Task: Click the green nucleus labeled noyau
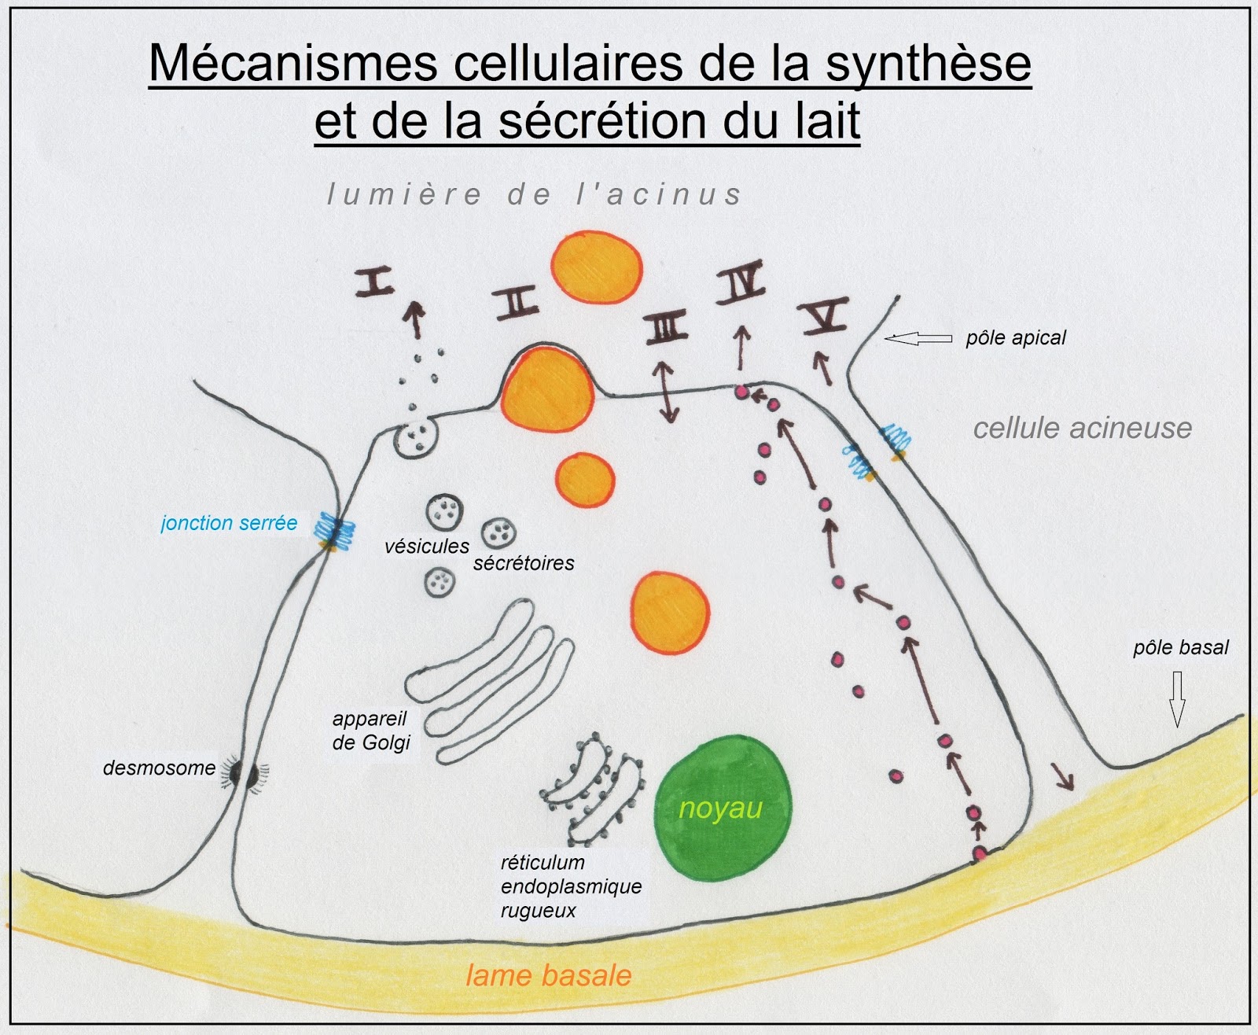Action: pyautogui.click(x=723, y=808)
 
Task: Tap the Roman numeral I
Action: pyautogui.click(x=375, y=281)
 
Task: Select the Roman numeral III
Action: pyautogui.click(x=667, y=328)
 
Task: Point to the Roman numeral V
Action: pyautogui.click(x=824, y=317)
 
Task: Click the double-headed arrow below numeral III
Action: pyautogui.click(x=668, y=391)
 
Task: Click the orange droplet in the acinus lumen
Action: pyautogui.click(x=596, y=267)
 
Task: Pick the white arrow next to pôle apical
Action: pyautogui.click(x=918, y=338)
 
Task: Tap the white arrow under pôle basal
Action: pyautogui.click(x=1177, y=698)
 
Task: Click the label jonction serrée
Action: pyautogui.click(x=229, y=523)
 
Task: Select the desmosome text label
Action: pyautogui.click(x=159, y=768)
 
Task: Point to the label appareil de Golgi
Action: pyautogui.click(x=370, y=731)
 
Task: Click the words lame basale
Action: pyautogui.click(x=549, y=976)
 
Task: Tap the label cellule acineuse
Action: pyautogui.click(x=1082, y=428)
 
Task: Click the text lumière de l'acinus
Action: pyautogui.click(x=535, y=194)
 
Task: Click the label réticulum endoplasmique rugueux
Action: pyautogui.click(x=571, y=886)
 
